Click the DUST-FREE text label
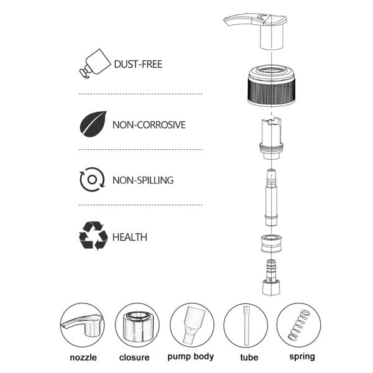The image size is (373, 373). coord(138,64)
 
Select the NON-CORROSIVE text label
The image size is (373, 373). coord(149,125)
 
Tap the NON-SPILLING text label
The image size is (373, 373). coord(143,180)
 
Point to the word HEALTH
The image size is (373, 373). coord(130,237)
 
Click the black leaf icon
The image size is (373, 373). coord(93,124)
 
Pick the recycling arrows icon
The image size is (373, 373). coord(93,236)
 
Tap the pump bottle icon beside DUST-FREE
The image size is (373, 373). coord(94,63)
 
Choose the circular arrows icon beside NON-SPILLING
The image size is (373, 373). coord(92,180)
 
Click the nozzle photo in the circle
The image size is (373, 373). coord(82,325)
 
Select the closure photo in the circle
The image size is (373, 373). coord(137,325)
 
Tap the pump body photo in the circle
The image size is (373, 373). coord(192,325)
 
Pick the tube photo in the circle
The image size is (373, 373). coord(246,325)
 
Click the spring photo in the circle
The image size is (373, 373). coord(299,325)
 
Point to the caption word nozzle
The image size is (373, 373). coord(83,357)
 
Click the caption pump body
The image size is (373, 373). coord(191,357)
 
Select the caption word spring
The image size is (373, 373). coord(302,357)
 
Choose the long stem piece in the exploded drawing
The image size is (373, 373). coord(271,198)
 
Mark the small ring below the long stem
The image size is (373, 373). coord(271,243)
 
